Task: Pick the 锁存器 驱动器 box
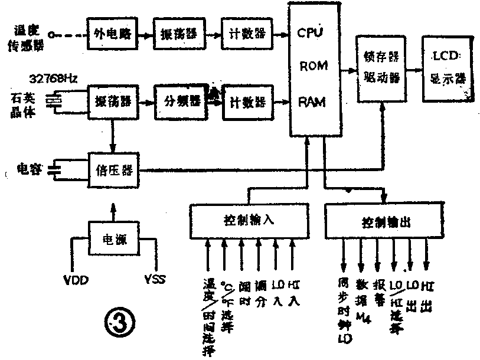(x=381, y=68)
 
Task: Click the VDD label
(x=76, y=278)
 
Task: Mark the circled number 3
(x=119, y=323)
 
